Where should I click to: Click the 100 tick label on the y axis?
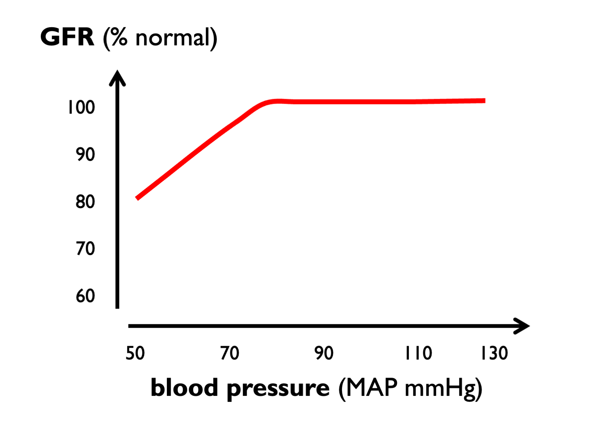click(x=81, y=107)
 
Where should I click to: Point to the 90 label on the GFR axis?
click(x=85, y=154)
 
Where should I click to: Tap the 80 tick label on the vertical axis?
click(x=85, y=202)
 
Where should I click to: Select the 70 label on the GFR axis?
click(x=85, y=249)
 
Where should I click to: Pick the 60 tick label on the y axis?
click(x=85, y=296)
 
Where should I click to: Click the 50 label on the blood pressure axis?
click(x=135, y=353)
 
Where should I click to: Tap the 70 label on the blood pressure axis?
click(x=230, y=353)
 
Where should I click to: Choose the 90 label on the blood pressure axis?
click(x=324, y=353)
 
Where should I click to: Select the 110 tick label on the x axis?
click(x=418, y=353)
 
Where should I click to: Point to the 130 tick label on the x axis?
click(x=494, y=353)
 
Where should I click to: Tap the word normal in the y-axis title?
click(x=173, y=38)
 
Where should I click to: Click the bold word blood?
click(x=185, y=388)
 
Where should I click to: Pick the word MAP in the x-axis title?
click(x=372, y=388)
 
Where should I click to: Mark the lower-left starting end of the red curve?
click(x=137, y=198)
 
